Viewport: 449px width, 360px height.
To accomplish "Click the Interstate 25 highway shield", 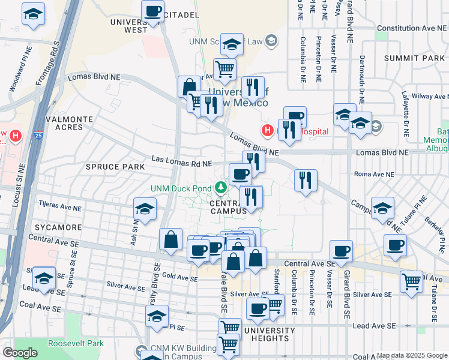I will tap(38, 137).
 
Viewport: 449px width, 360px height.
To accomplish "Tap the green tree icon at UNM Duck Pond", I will tap(221, 189).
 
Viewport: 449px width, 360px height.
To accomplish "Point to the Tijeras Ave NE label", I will tap(59, 208).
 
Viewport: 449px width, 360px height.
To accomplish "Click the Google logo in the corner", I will tap(20, 353).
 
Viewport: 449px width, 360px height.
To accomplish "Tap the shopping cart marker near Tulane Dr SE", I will tap(412, 280).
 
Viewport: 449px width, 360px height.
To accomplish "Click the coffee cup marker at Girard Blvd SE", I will tap(342, 251).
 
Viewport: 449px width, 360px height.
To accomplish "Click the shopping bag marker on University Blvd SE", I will tap(171, 239).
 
